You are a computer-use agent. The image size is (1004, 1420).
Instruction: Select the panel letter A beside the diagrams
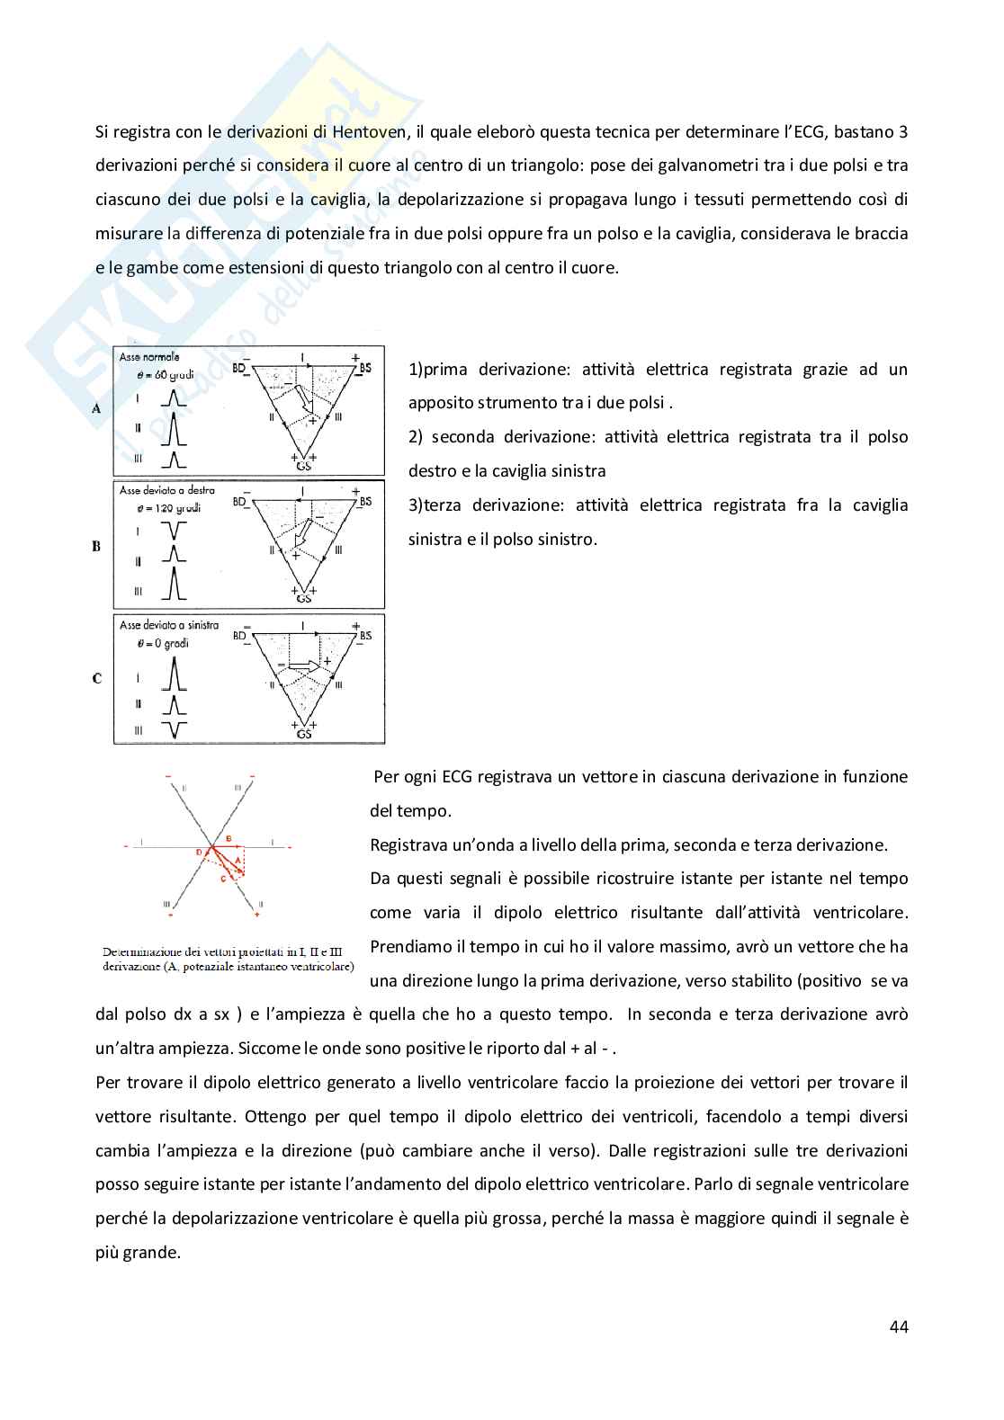(x=96, y=408)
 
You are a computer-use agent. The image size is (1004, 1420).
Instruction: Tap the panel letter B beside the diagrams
(x=96, y=546)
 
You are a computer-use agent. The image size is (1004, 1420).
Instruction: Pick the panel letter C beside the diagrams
(x=96, y=678)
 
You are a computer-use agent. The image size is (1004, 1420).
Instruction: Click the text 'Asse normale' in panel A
(x=149, y=357)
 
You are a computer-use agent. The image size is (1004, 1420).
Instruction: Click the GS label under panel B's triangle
(x=304, y=598)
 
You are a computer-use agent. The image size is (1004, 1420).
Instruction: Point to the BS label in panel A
(x=364, y=369)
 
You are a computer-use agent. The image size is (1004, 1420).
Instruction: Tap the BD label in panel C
(x=240, y=635)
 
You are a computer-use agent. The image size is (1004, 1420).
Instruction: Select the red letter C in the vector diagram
(x=222, y=880)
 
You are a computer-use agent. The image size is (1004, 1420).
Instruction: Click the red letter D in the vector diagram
(x=198, y=851)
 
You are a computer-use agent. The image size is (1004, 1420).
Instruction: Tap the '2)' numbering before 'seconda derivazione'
(x=416, y=437)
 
